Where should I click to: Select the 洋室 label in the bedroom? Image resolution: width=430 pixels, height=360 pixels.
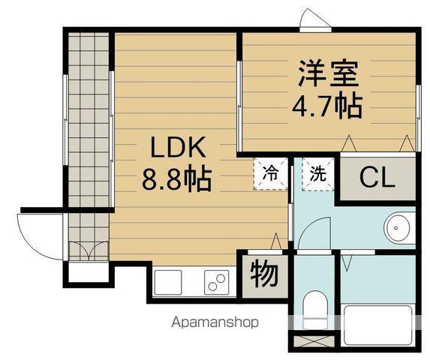(x=328, y=73)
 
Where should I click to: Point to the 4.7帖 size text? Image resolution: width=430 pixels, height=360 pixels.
(x=327, y=106)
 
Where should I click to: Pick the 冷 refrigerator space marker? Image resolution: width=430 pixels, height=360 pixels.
(x=269, y=172)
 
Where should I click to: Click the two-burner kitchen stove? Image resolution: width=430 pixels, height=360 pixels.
(x=216, y=282)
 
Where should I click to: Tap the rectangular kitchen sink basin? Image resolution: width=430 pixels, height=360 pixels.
(x=169, y=282)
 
